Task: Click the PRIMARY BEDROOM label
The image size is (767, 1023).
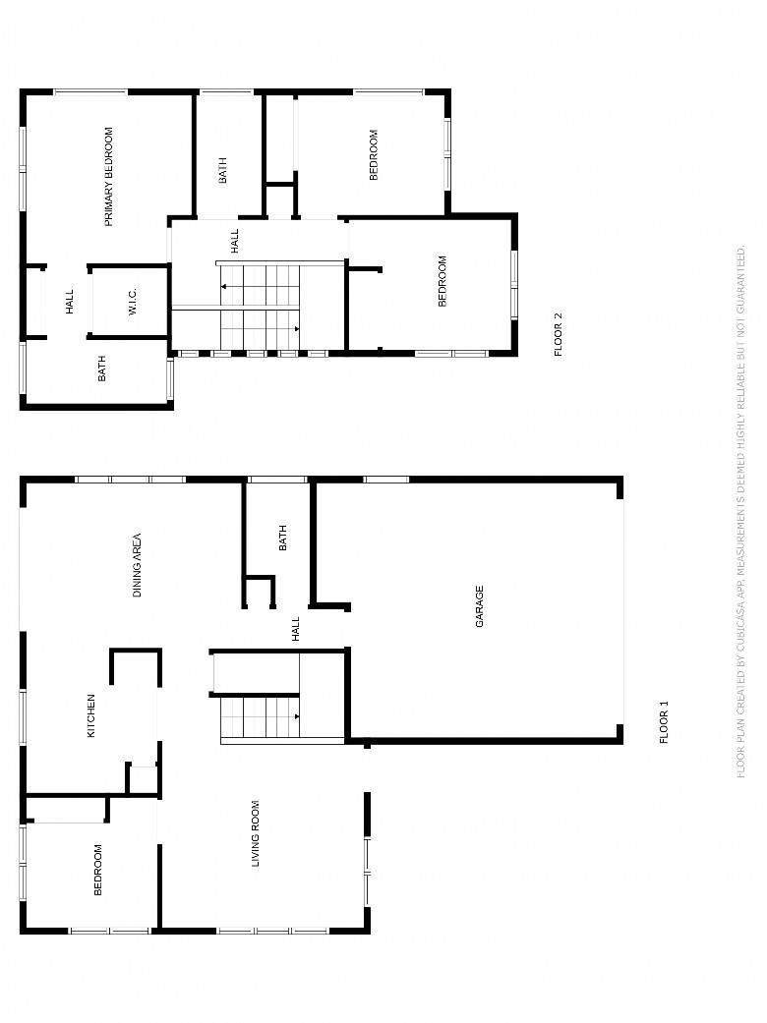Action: point(109,177)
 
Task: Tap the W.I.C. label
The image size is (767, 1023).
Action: point(133,302)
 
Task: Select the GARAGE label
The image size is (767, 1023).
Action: point(480,606)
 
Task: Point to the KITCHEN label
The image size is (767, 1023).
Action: point(91,715)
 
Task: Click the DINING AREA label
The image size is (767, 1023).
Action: point(137,565)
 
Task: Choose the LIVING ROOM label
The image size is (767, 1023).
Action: point(256,833)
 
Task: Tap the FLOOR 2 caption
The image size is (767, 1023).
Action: point(559,335)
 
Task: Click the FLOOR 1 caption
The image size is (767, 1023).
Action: point(665,722)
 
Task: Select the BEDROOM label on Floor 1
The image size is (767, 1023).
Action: point(98,870)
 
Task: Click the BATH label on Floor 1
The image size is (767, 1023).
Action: point(282,538)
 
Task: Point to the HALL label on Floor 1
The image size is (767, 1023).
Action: point(296,629)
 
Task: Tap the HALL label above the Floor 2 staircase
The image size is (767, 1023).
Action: point(235,241)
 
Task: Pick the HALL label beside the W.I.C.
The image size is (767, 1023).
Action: point(70,302)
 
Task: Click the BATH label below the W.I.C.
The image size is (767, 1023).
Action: point(102,369)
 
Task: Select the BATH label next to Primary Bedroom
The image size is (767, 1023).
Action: point(223,170)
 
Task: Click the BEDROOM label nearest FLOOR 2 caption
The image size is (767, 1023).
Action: point(442,280)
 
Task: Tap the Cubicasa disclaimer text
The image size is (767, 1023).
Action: point(740,511)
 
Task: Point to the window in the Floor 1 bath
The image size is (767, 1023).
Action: point(277,481)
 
